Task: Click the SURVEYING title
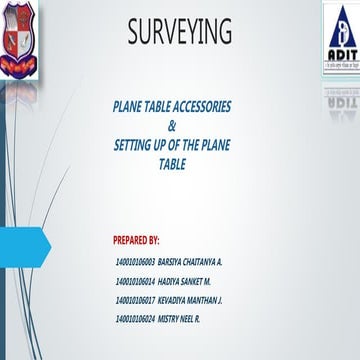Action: pyautogui.click(x=179, y=32)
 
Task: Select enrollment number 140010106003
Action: pyautogui.click(x=136, y=261)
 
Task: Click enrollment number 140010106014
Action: pyautogui.click(x=136, y=280)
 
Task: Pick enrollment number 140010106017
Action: pyautogui.click(x=136, y=299)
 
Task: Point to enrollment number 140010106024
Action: pyautogui.click(x=136, y=318)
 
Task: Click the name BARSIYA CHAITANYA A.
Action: pyautogui.click(x=191, y=261)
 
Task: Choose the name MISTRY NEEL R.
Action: pyautogui.click(x=183, y=318)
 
